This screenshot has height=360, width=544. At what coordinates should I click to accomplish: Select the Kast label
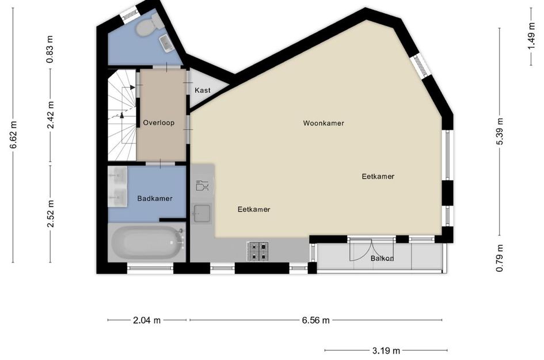tap(203, 90)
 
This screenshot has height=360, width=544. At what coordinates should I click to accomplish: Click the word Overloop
tap(158, 123)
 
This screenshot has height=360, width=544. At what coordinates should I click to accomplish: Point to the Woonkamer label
tap(324, 123)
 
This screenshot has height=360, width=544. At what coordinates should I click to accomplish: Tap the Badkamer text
tap(155, 198)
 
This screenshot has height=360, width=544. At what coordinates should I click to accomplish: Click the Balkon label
tap(382, 258)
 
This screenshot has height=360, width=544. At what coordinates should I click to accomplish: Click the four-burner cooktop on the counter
tap(258, 251)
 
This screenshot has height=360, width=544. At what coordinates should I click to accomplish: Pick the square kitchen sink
tap(202, 213)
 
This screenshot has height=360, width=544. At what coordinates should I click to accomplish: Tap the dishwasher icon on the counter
tap(203, 185)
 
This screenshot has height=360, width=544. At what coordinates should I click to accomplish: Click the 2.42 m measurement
tap(51, 115)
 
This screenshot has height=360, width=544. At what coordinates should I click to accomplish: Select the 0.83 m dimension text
tap(51, 49)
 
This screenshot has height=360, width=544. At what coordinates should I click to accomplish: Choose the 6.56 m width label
tap(315, 320)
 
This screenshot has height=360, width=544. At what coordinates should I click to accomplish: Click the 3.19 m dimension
tap(386, 350)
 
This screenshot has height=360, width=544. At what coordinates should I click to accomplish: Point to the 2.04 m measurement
tap(147, 320)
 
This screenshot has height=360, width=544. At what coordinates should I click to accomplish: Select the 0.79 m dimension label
tap(500, 257)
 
